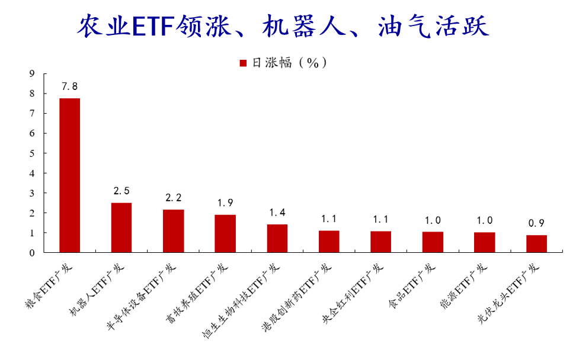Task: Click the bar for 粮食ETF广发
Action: click(69, 175)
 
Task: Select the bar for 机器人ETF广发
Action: click(121, 227)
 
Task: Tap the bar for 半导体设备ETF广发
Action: click(174, 231)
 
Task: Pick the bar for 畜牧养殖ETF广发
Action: click(225, 233)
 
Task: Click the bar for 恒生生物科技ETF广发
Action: click(277, 238)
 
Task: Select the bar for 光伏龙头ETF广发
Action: click(536, 244)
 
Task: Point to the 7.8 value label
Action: click(69, 86)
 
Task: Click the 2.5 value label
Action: click(121, 191)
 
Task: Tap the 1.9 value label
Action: click(225, 202)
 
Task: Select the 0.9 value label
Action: click(536, 223)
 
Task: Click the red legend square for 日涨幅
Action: click(243, 63)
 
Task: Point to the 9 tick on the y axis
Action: click(32, 74)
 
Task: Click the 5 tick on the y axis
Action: click(32, 153)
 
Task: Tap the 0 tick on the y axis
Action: click(32, 253)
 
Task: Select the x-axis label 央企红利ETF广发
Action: click(353, 293)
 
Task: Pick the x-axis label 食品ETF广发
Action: click(412, 286)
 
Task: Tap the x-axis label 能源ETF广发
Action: click(463, 286)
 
